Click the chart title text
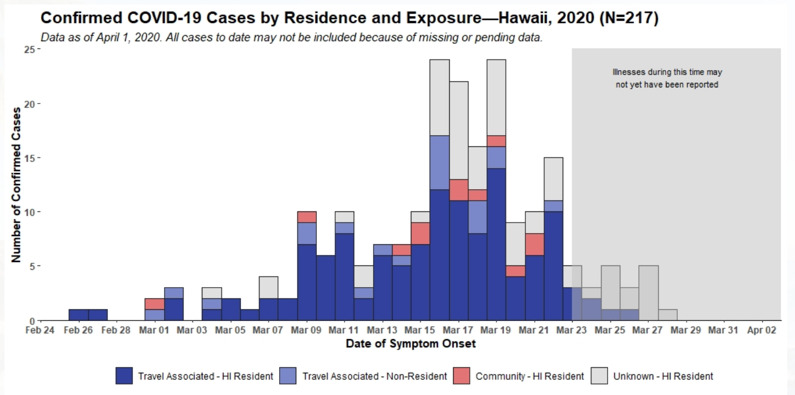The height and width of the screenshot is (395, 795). pyautogui.click(x=349, y=18)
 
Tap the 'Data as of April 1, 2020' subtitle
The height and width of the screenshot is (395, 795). pyautogui.click(x=291, y=38)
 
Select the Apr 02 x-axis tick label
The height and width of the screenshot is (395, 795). pyautogui.click(x=761, y=330)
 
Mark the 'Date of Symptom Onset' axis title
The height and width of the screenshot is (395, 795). pyautogui.click(x=410, y=344)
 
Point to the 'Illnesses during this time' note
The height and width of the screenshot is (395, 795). pyautogui.click(x=667, y=78)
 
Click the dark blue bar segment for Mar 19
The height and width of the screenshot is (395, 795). pyautogui.click(x=496, y=245)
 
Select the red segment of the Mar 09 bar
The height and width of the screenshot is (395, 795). pyautogui.click(x=307, y=217)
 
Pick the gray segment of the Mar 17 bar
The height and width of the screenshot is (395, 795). pyautogui.click(x=459, y=131)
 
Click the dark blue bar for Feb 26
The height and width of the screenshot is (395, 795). pyautogui.click(x=78, y=315)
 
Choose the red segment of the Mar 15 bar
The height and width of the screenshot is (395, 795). pyautogui.click(x=420, y=234)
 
